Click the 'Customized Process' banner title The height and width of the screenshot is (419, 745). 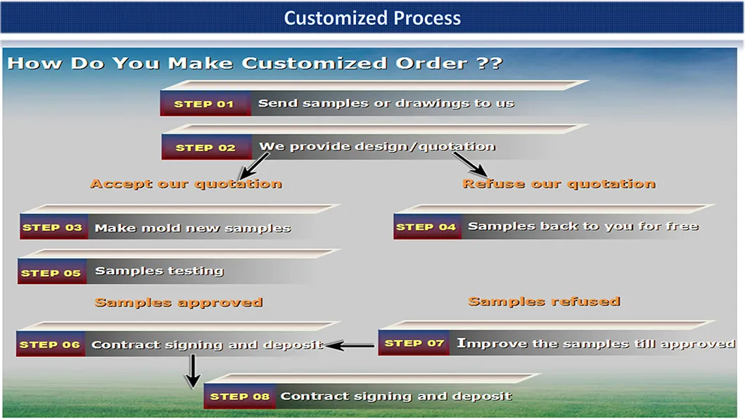pos(372,18)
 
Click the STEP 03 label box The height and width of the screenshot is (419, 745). pos(53,228)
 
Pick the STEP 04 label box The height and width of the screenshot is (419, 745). pos(427,227)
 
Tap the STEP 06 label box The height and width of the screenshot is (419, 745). pos(51,344)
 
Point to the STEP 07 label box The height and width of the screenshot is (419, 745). pos(414,343)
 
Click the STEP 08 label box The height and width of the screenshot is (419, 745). pos(240,397)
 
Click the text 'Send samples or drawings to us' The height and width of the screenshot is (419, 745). pos(386,103)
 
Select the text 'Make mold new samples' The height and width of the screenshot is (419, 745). pos(193,228)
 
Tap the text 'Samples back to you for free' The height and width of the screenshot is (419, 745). pos(582,226)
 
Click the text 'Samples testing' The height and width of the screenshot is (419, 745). pos(159,271)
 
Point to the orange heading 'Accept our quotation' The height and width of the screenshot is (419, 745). pos(186,184)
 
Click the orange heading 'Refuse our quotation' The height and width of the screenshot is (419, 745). pos(559,184)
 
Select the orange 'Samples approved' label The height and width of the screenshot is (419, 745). pos(179,303)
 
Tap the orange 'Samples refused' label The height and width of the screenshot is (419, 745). pos(544,302)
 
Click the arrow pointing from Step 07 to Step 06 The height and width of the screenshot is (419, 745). pos(350,345)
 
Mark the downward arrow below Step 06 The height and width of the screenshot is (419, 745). pos(191,371)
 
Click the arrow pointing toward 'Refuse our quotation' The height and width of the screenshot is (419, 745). pos(470,165)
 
